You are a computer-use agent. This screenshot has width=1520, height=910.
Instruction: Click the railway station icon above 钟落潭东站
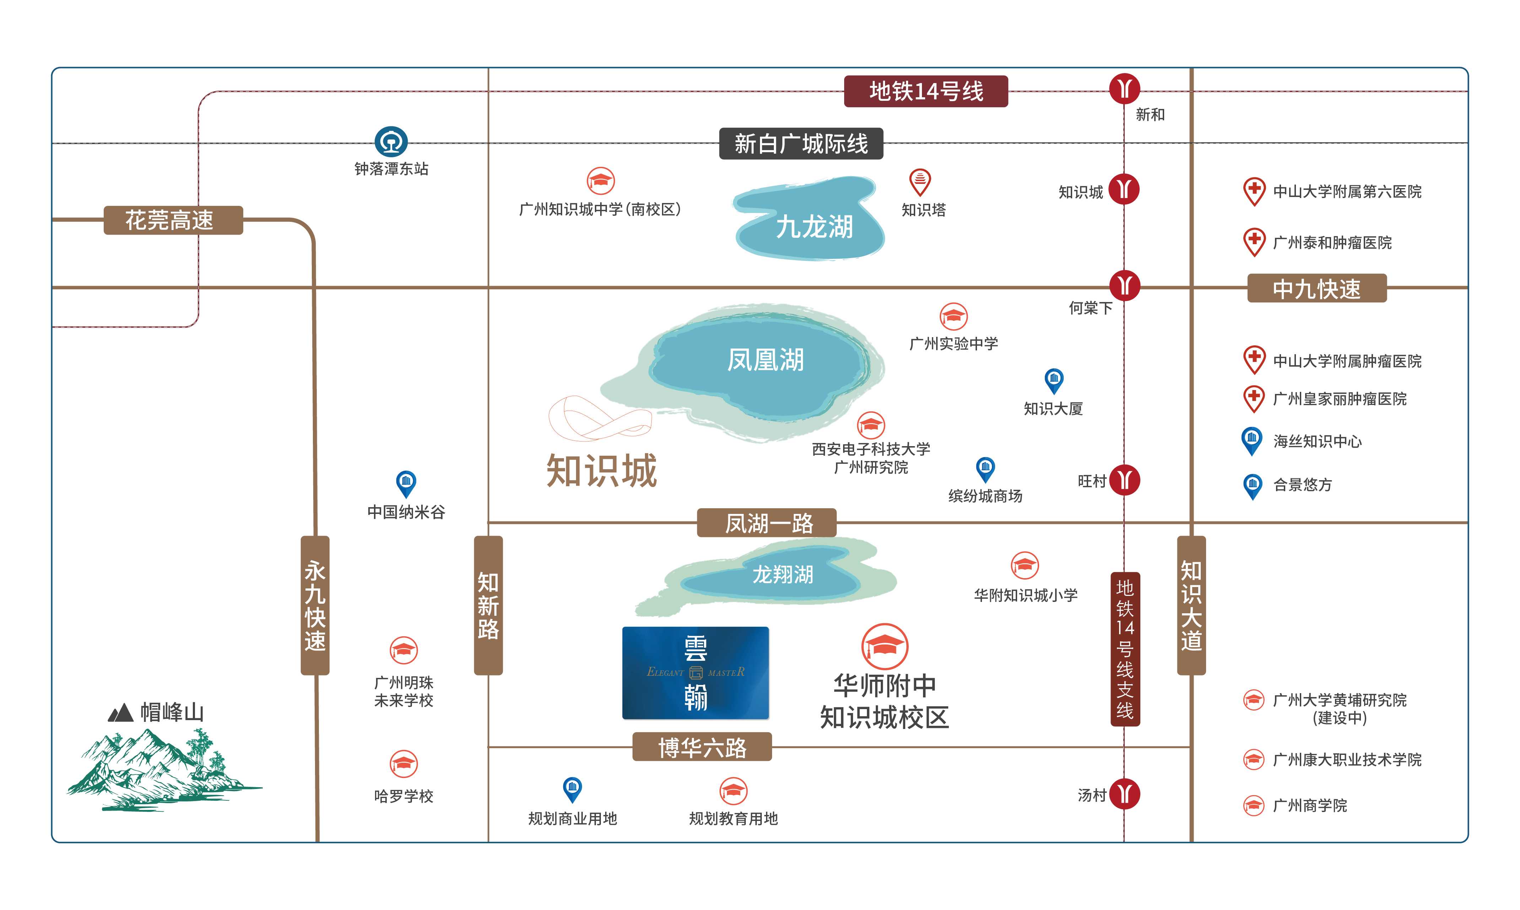click(391, 142)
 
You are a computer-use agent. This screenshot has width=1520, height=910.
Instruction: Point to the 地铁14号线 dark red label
click(925, 91)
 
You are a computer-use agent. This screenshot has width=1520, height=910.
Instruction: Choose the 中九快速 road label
click(1317, 288)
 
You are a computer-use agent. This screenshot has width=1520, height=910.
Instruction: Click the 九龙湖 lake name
click(814, 227)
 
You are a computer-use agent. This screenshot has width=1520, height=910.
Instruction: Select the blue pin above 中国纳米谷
click(406, 483)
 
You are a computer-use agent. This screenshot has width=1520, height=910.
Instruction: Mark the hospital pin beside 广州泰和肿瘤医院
click(1254, 241)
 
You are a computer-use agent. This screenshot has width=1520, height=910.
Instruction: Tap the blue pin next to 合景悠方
click(1252, 486)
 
